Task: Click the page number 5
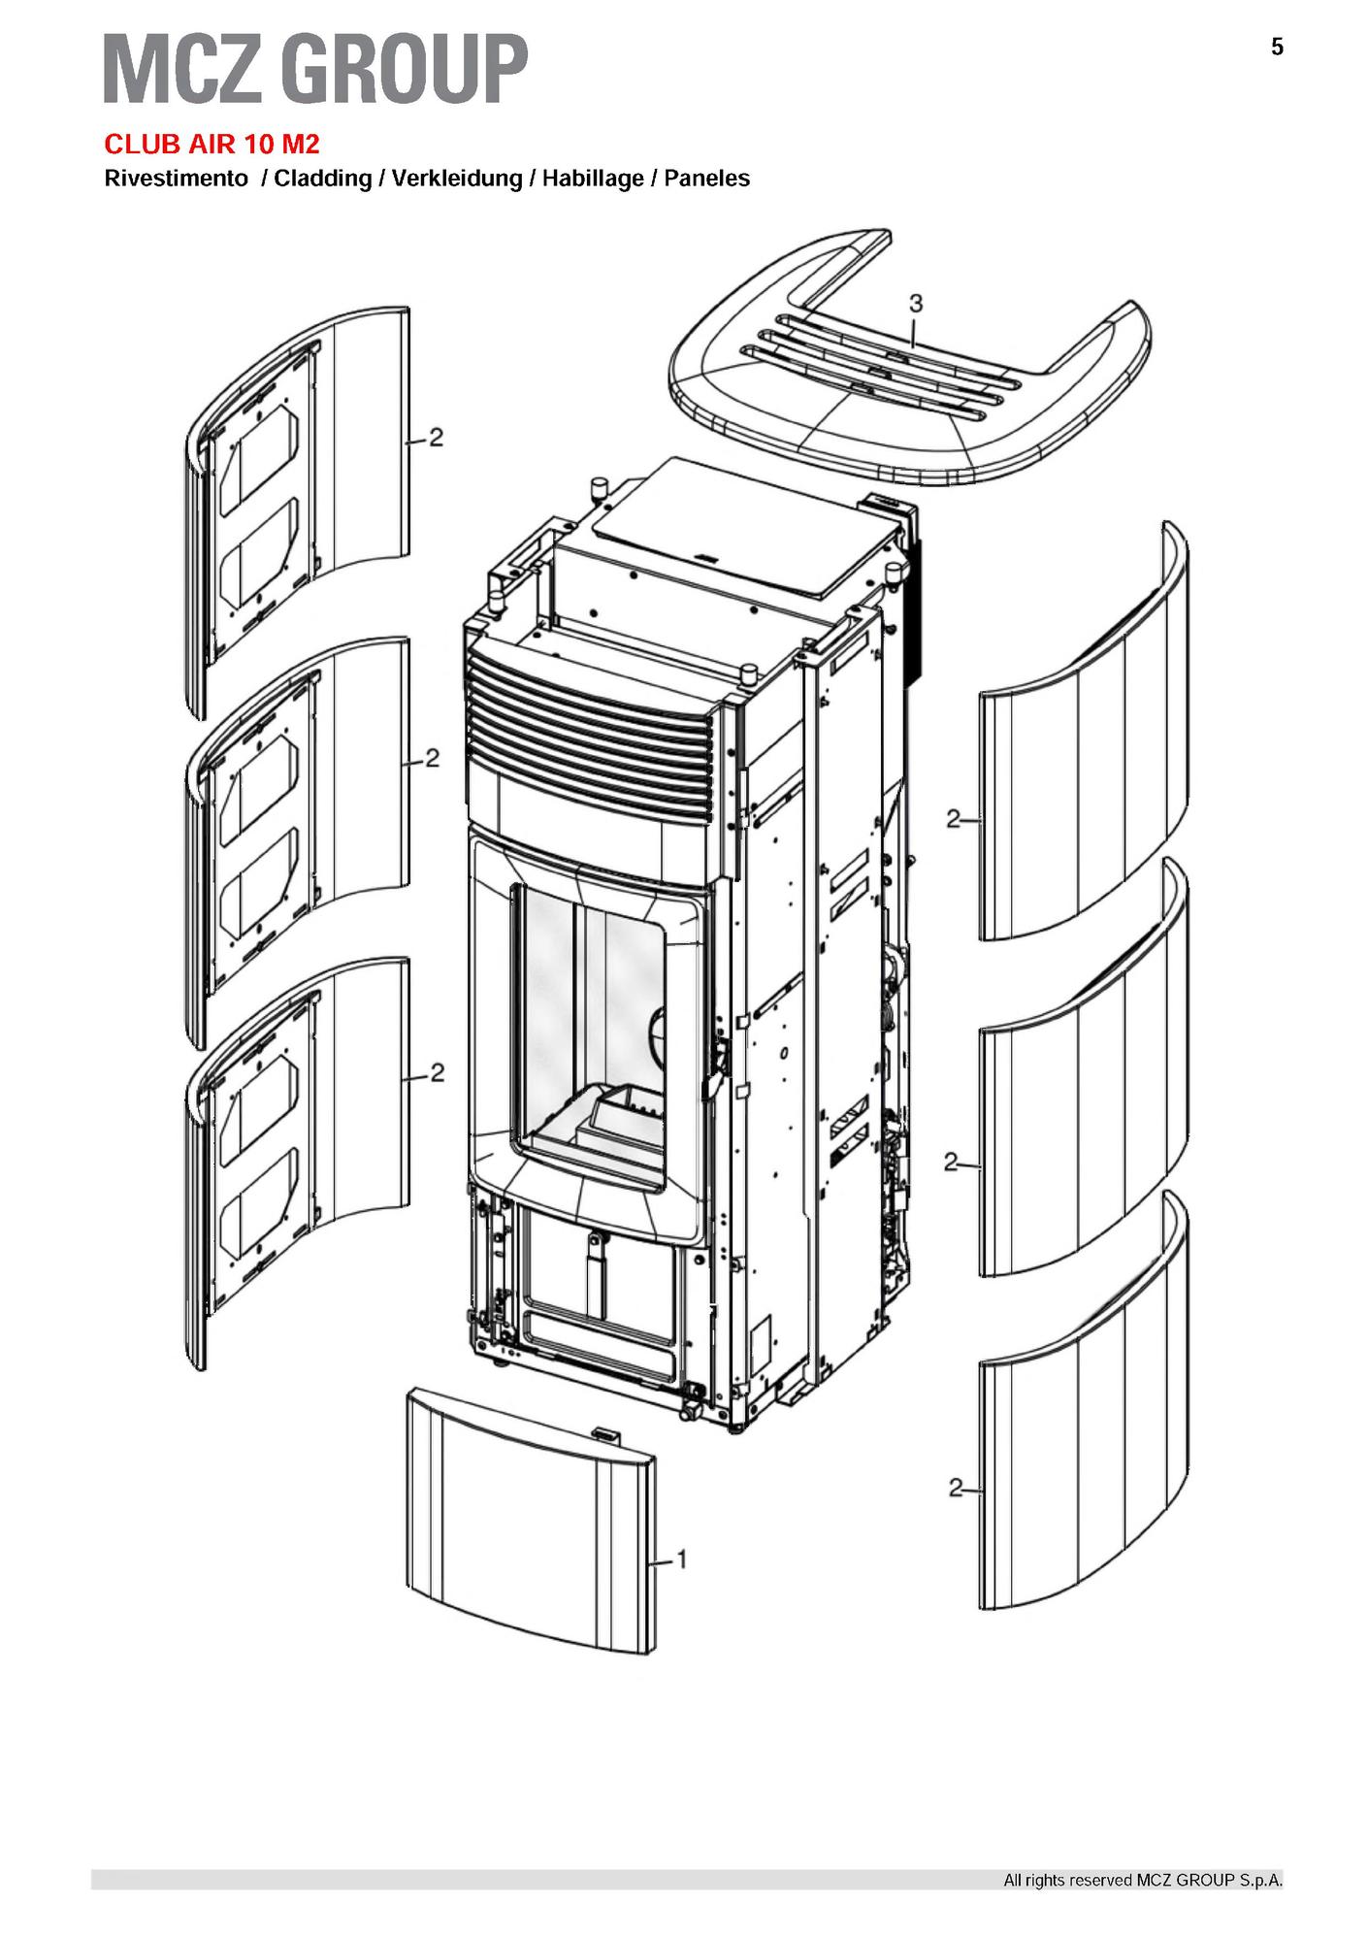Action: coord(1277,47)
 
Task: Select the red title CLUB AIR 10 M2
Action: coord(212,145)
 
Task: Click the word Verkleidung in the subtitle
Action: coord(457,179)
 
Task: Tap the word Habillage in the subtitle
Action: coord(593,179)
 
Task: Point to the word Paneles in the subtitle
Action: coord(707,179)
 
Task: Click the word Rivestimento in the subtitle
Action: coord(176,179)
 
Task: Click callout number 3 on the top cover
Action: coord(915,304)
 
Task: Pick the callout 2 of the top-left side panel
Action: coord(437,438)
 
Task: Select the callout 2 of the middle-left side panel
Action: coord(433,757)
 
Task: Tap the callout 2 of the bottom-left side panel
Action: coord(438,1072)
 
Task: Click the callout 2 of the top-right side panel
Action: coord(954,819)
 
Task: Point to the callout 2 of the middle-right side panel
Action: coord(951,1161)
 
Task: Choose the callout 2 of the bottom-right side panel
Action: coord(956,1487)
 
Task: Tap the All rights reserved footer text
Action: coord(1143,1881)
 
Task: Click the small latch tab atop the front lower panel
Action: coord(604,1430)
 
